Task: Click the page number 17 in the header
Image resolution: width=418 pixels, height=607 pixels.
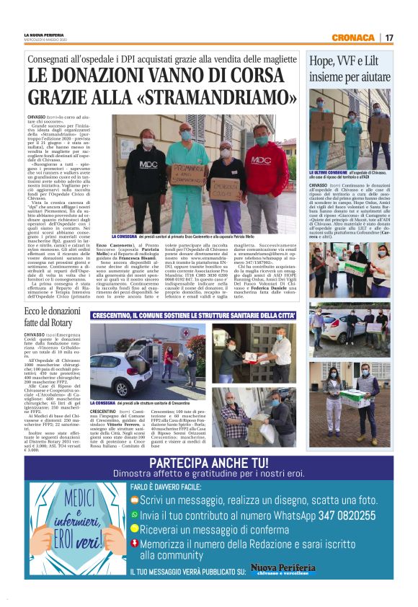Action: click(x=388, y=37)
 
